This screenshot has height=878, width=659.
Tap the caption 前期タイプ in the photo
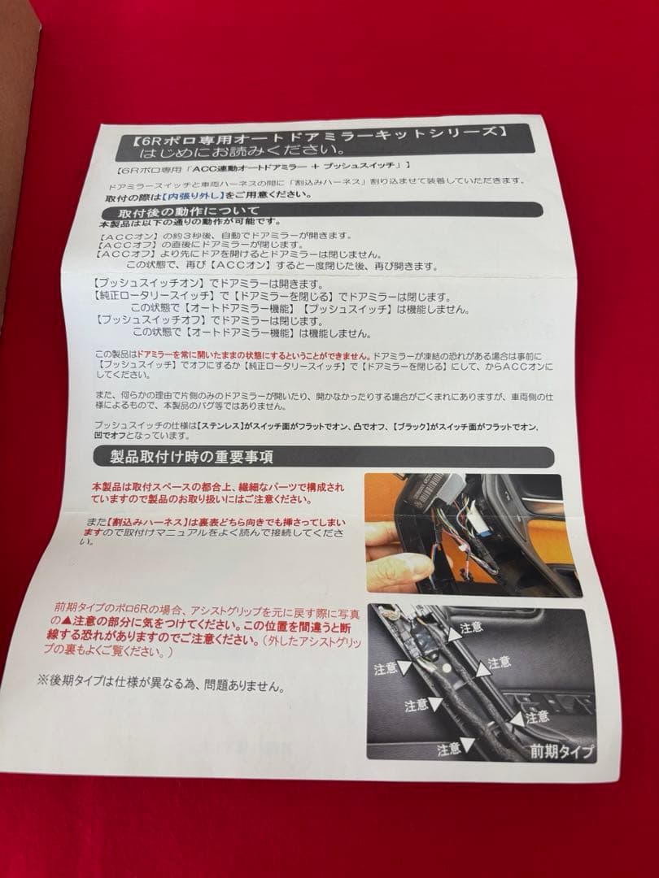[561, 750]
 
